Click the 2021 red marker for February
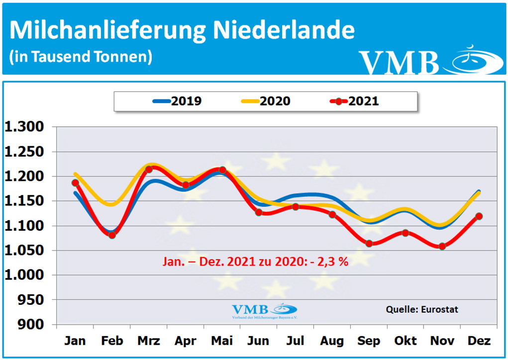click(112, 235)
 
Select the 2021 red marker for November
click(442, 246)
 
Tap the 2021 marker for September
click(369, 243)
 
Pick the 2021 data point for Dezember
click(479, 216)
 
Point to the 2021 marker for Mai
click(222, 170)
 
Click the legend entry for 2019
click(177, 101)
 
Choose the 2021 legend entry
click(355, 101)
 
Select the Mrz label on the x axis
click(148, 341)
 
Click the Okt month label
click(406, 341)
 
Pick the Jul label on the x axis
click(296, 341)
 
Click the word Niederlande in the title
click(284, 30)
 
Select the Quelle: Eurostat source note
click(422, 309)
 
